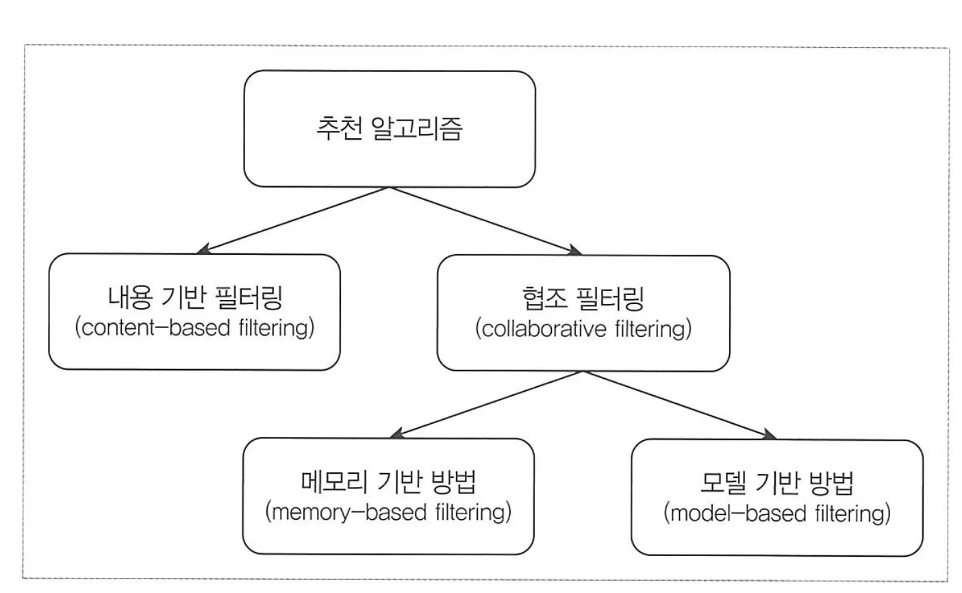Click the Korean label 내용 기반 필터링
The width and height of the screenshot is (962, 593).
194,299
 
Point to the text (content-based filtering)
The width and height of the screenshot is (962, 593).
194,327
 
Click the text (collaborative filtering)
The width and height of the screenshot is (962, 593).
583,329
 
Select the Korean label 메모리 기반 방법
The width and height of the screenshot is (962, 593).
388,482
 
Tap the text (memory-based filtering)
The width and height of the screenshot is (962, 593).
388,512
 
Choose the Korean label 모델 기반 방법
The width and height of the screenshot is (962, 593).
776,483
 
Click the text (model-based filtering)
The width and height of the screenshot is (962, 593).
776,514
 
